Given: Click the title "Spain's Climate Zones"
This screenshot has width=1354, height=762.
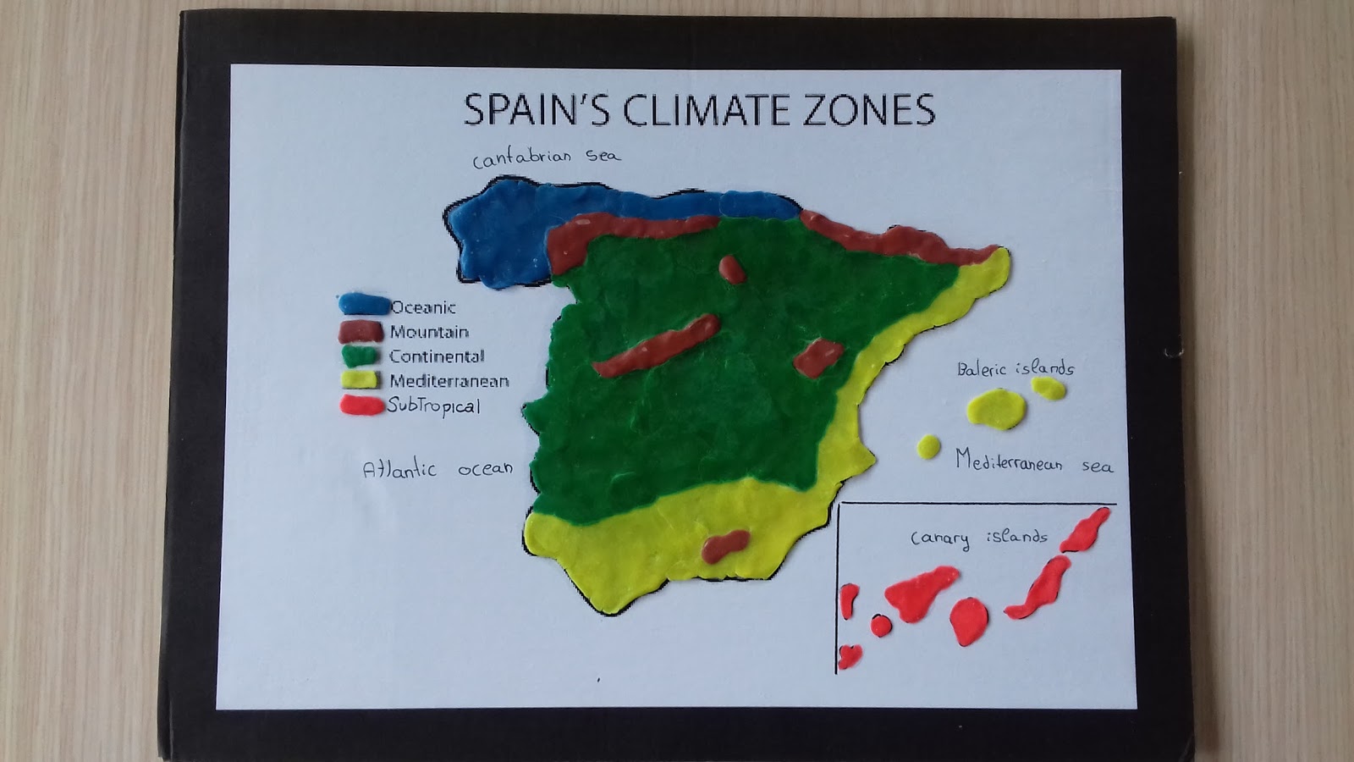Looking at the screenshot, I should pos(699,110).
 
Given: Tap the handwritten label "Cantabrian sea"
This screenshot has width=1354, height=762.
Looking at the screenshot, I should pos(546,157).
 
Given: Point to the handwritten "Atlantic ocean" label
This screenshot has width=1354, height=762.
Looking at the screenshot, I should pos(437,469).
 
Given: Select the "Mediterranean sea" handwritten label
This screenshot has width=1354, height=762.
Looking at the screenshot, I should pos(1033,462).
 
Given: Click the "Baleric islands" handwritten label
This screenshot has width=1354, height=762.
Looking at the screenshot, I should pos(1015,368).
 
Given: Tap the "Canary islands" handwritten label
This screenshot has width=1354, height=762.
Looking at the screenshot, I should pos(978,538).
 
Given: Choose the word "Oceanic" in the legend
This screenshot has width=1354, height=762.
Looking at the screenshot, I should pos(423,307).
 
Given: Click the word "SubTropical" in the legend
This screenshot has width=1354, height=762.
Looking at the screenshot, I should pos(434,406).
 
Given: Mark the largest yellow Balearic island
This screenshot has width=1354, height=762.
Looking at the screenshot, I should pos(995,408).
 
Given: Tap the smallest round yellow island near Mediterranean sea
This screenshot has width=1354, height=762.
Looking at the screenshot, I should pos(928,446).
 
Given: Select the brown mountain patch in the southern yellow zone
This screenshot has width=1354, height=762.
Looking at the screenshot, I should pos(724,546).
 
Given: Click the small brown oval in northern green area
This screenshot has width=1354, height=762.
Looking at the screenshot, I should pos(731,269).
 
